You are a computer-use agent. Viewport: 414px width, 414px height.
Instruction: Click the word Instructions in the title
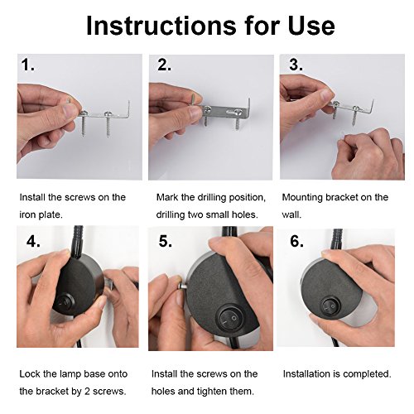click(161, 26)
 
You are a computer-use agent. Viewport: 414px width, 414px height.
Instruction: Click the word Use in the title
click(311, 26)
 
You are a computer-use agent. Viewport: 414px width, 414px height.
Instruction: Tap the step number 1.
click(27, 65)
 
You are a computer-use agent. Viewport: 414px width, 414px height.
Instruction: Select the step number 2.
click(164, 65)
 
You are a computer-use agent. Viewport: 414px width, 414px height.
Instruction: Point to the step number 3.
click(296, 65)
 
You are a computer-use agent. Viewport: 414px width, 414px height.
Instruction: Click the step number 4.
click(33, 242)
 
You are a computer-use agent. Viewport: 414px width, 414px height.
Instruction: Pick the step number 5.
click(166, 242)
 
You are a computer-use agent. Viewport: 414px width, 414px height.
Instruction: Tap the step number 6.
click(296, 242)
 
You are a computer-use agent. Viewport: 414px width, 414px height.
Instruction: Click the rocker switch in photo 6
click(330, 305)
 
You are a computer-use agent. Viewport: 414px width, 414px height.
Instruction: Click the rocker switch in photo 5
click(230, 320)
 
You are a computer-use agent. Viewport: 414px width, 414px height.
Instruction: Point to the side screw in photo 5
click(182, 286)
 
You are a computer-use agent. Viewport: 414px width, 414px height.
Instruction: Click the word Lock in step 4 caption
click(30, 374)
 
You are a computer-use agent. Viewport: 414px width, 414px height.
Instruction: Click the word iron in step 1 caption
click(27, 214)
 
